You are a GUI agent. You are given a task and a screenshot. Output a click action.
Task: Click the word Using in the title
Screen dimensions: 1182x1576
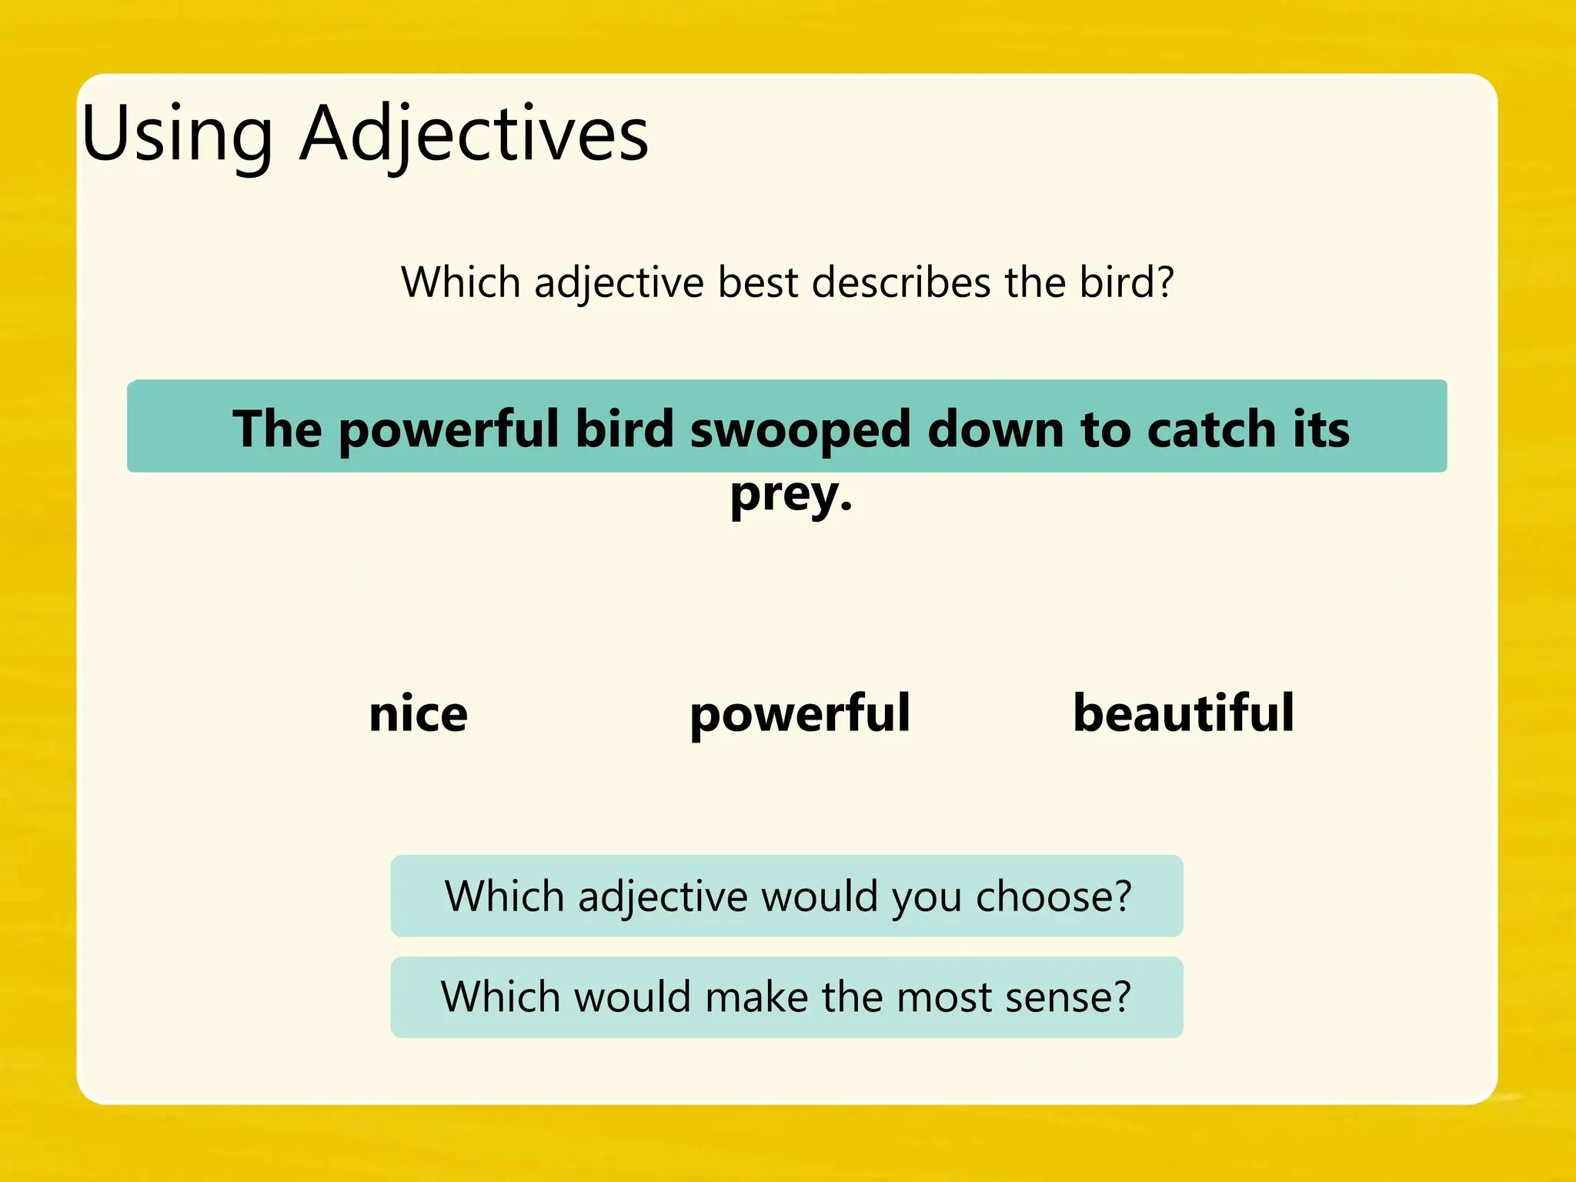click(x=177, y=135)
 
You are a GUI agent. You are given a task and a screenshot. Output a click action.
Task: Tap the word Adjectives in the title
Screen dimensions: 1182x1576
click(x=474, y=135)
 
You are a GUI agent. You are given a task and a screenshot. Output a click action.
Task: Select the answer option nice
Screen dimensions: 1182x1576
click(x=418, y=713)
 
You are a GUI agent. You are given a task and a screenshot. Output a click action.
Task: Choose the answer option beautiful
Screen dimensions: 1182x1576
click(x=1184, y=713)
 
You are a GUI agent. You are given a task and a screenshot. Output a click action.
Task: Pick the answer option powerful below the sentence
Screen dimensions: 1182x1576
click(x=800, y=715)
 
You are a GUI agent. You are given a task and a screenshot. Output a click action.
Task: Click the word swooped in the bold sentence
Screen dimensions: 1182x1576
click(x=800, y=429)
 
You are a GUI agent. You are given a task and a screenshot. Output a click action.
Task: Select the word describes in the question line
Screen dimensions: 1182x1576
click(x=900, y=282)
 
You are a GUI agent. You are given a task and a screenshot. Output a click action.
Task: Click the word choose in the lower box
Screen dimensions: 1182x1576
click(x=1053, y=897)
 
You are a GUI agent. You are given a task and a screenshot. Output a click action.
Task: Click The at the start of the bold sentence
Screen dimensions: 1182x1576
click(x=277, y=429)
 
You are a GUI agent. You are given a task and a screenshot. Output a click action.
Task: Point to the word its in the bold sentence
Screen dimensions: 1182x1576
click(x=1321, y=429)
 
